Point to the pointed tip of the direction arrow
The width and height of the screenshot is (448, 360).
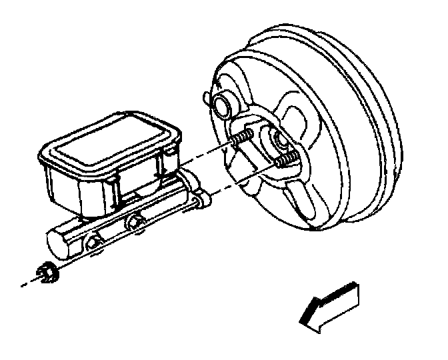[x=303, y=320]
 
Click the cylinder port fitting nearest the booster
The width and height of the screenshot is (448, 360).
[x=139, y=225]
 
